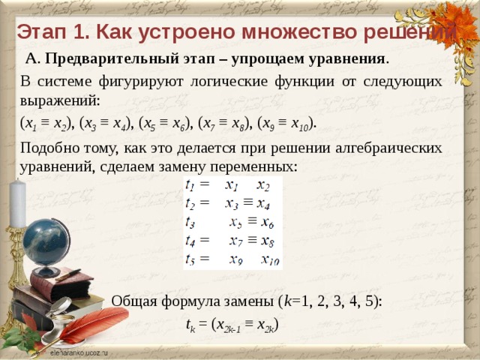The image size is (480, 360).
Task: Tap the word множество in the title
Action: click(295, 33)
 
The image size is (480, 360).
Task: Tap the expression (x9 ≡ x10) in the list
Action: click(286, 122)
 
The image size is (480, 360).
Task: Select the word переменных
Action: click(254, 164)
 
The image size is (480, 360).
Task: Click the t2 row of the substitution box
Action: click(229, 202)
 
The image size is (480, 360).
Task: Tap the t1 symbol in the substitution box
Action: click(193, 184)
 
